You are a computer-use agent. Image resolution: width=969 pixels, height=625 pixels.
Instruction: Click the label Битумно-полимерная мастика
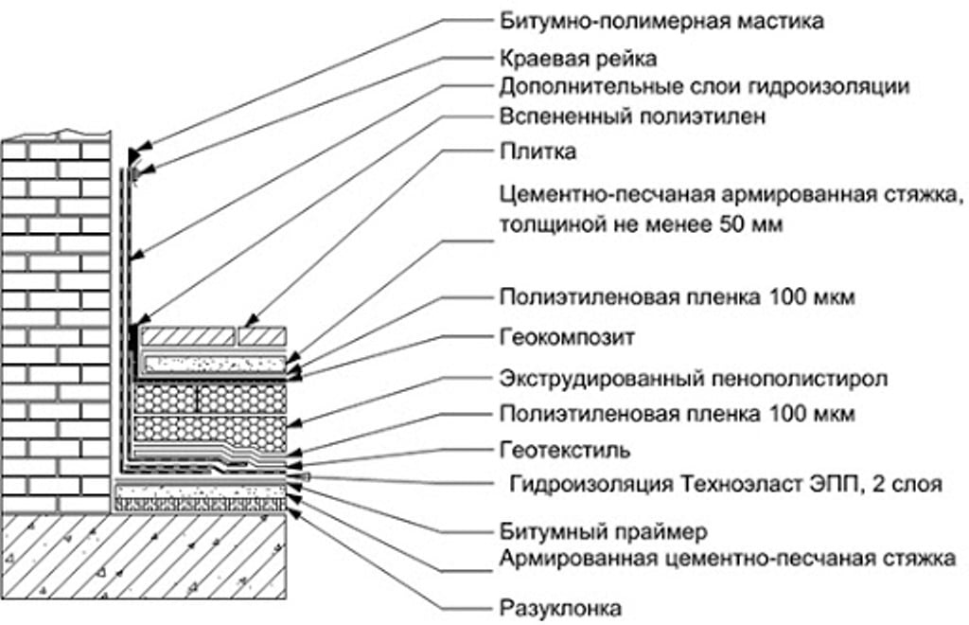[x=661, y=19]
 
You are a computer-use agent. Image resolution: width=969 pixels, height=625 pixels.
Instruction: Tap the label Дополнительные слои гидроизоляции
[x=704, y=87]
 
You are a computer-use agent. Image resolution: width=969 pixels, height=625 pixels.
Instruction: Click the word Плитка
[x=537, y=152]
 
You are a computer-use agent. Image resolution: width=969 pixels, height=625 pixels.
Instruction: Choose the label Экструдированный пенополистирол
[x=693, y=380]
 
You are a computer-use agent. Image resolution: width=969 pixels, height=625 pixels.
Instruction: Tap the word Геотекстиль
[x=564, y=448]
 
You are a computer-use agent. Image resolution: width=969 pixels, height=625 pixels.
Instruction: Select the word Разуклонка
[x=560, y=606]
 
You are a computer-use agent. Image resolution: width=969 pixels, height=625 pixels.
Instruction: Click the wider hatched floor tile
[x=187, y=336]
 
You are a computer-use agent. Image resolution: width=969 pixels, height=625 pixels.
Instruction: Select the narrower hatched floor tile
[x=262, y=336]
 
